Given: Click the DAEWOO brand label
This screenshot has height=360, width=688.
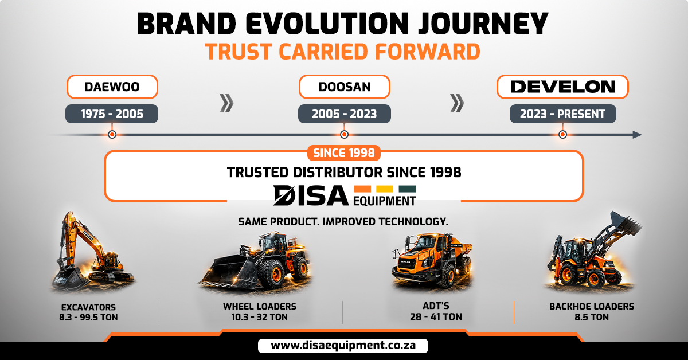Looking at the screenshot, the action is pyautogui.click(x=112, y=87).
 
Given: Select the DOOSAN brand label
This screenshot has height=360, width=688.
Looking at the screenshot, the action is pyautogui.click(x=345, y=87).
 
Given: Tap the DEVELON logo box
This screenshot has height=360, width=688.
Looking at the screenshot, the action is pyautogui.click(x=562, y=87).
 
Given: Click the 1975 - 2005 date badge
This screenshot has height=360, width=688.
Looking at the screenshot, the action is pyautogui.click(x=112, y=114).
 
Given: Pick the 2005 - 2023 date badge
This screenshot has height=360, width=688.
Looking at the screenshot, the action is pyautogui.click(x=345, y=114).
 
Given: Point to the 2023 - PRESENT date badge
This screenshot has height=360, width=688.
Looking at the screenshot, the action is pyautogui.click(x=562, y=114).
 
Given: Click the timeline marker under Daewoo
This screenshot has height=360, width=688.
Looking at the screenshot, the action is pyautogui.click(x=112, y=135).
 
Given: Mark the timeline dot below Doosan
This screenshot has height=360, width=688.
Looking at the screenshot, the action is pyautogui.click(x=345, y=135).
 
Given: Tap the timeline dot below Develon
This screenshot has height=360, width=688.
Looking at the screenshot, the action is pyautogui.click(x=562, y=135).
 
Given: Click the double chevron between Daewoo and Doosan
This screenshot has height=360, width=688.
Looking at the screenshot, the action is pyautogui.click(x=226, y=103).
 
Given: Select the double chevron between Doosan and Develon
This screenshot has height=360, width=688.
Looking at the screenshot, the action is pyautogui.click(x=457, y=103).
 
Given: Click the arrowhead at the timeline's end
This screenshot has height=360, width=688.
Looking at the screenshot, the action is pyautogui.click(x=637, y=135).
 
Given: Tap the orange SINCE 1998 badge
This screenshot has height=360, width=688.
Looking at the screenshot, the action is pyautogui.click(x=344, y=153).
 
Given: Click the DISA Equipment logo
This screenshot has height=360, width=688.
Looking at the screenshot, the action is pyautogui.click(x=345, y=195).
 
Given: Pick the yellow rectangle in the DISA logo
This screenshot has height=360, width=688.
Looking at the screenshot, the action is pyautogui.click(x=385, y=189).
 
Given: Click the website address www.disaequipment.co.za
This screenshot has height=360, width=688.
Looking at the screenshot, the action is pyautogui.click(x=343, y=346).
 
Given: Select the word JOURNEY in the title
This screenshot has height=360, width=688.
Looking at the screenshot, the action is pyautogui.click(x=483, y=24).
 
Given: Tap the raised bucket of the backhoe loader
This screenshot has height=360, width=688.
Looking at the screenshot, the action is pyautogui.click(x=625, y=222).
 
